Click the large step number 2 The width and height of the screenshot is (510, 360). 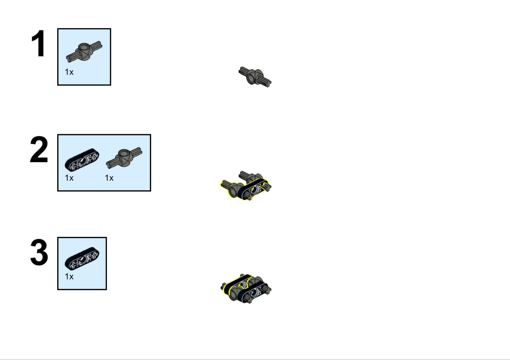tap(39, 150)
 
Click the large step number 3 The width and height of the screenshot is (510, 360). tap(39, 252)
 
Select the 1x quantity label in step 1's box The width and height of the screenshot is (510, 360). tap(69, 72)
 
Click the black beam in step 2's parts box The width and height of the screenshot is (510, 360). tap(82, 159)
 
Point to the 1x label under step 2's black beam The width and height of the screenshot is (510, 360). tap(69, 178)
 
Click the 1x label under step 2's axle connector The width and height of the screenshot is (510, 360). tap(109, 178)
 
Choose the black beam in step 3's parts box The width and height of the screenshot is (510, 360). tap(82, 258)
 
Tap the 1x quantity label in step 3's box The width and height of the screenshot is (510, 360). tap(69, 276)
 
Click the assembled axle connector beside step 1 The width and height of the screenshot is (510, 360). tap(255, 76)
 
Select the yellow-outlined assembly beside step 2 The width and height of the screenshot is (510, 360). tap(246, 186)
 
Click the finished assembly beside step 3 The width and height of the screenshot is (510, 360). tap(246, 288)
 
